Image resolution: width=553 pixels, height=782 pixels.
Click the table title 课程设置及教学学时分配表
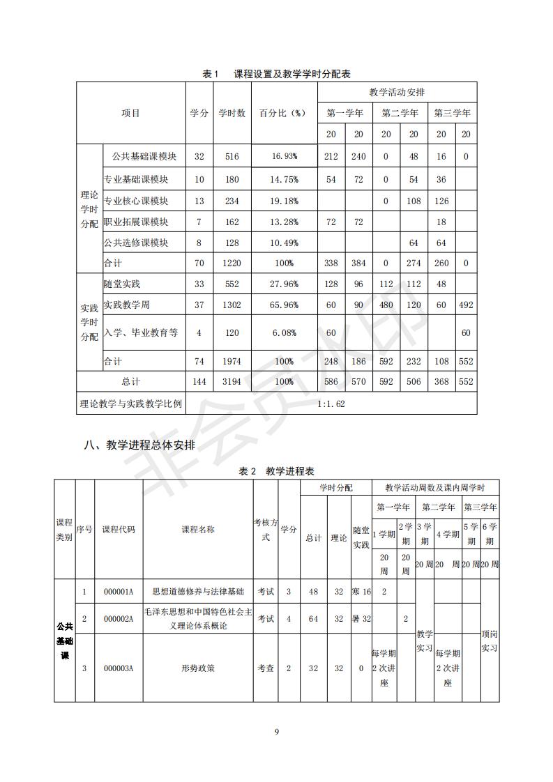pyautogui.click(x=277, y=74)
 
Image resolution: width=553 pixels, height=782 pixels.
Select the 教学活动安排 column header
pyautogui.click(x=397, y=92)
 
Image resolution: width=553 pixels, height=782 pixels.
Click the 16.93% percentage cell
pyautogui.click(x=285, y=157)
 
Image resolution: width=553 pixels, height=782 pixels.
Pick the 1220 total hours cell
pyautogui.click(x=232, y=263)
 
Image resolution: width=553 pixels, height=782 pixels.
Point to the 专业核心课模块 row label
pyautogui.click(x=136, y=201)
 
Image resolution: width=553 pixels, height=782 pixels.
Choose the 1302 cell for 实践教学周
pyautogui.click(x=232, y=305)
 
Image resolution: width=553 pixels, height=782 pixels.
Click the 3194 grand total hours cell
pyautogui.click(x=232, y=382)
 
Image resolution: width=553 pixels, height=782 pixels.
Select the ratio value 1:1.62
pyautogui.click(x=331, y=403)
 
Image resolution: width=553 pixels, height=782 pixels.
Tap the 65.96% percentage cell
pyautogui.click(x=285, y=305)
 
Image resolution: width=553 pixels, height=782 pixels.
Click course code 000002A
pyautogui.click(x=119, y=618)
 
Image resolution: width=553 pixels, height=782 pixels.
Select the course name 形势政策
pyautogui.click(x=199, y=668)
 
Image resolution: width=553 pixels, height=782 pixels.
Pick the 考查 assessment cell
pyautogui.click(x=266, y=668)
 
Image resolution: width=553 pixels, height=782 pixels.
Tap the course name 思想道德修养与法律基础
pyautogui.click(x=199, y=592)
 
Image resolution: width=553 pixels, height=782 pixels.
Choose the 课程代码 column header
pyautogui.click(x=119, y=529)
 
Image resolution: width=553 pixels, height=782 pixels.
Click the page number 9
pyautogui.click(x=277, y=731)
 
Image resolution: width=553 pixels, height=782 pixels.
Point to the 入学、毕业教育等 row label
pyautogui.click(x=141, y=332)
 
